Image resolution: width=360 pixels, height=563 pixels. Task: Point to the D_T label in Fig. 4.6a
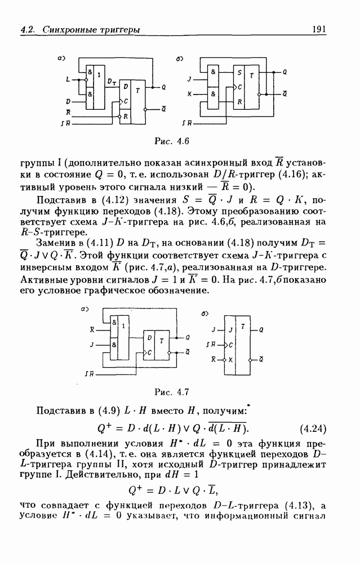click(111, 82)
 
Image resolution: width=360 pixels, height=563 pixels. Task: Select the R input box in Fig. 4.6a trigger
click(126, 115)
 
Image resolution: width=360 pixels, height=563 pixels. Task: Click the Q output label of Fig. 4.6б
click(284, 73)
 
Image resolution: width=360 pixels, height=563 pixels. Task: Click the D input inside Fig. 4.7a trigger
click(149, 338)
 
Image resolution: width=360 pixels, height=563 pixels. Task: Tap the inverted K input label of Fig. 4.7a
click(92, 327)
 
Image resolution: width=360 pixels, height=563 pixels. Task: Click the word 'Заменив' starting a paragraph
click(55, 243)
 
